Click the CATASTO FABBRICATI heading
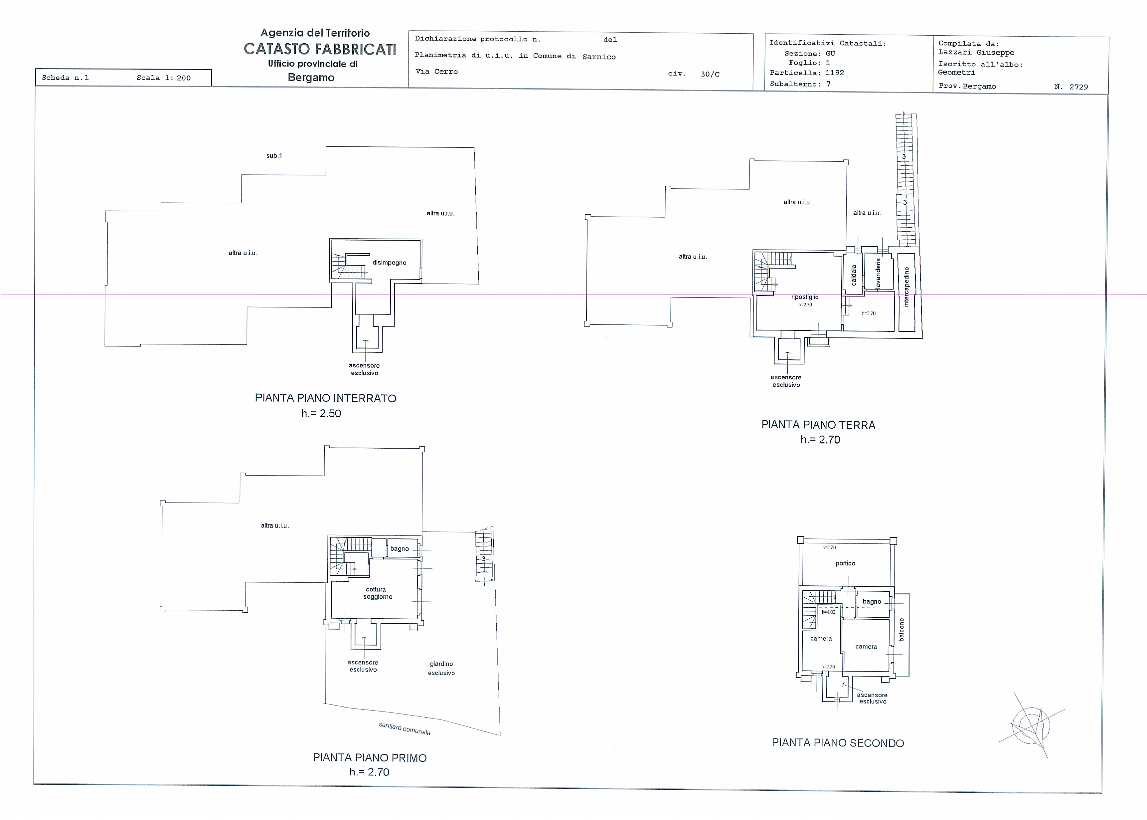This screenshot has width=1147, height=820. (320, 49)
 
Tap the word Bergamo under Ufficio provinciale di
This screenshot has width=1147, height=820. (311, 77)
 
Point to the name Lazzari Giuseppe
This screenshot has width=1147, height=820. (976, 53)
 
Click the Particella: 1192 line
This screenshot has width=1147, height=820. (807, 73)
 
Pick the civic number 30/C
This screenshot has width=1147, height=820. (710, 74)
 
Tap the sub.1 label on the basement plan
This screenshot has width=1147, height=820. (274, 155)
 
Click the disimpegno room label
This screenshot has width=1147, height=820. (389, 263)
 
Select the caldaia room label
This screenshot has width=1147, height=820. (854, 275)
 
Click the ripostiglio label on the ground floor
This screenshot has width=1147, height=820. (805, 297)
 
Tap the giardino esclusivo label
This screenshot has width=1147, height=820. (441, 668)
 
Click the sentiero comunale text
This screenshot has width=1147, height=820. (405, 728)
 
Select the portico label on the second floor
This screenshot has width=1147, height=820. (845, 563)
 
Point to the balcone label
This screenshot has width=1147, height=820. (902, 630)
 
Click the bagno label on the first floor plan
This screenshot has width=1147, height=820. (399, 548)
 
